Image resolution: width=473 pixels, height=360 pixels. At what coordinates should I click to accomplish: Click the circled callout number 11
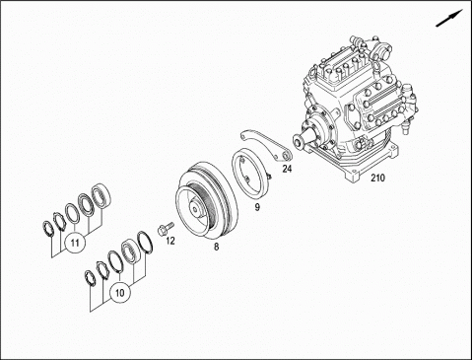click(75, 243)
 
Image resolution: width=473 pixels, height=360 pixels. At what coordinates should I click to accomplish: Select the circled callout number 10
click(120, 292)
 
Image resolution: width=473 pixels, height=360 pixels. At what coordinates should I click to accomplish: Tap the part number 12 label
click(170, 241)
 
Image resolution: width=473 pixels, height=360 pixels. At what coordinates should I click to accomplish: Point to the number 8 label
click(216, 247)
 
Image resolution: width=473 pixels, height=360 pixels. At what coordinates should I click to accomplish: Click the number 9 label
click(257, 207)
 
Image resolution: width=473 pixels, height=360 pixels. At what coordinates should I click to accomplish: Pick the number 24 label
click(287, 169)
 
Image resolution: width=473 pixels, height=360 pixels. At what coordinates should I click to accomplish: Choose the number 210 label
click(377, 178)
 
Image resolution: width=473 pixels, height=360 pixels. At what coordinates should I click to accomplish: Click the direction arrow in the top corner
click(449, 18)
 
